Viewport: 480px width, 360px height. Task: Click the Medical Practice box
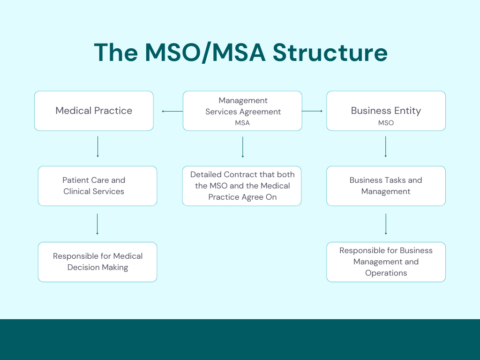96,110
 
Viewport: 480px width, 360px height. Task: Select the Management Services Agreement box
241,110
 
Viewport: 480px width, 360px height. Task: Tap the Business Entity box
385,110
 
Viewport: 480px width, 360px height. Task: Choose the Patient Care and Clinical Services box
96,185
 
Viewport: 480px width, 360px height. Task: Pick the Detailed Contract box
241,185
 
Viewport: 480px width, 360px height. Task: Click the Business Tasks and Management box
385,185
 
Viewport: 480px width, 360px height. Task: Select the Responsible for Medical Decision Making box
96,261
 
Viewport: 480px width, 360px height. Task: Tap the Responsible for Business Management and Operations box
385,261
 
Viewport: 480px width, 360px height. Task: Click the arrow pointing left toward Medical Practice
170,111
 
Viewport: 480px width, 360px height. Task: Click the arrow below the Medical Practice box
97,148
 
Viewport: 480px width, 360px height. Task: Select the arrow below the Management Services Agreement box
241,148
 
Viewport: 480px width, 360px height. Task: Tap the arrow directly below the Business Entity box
385,148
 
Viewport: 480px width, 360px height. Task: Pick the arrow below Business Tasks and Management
385,223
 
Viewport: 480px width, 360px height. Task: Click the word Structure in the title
322,52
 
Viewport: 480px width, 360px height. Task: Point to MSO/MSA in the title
198,52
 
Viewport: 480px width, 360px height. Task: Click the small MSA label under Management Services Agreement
241,122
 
